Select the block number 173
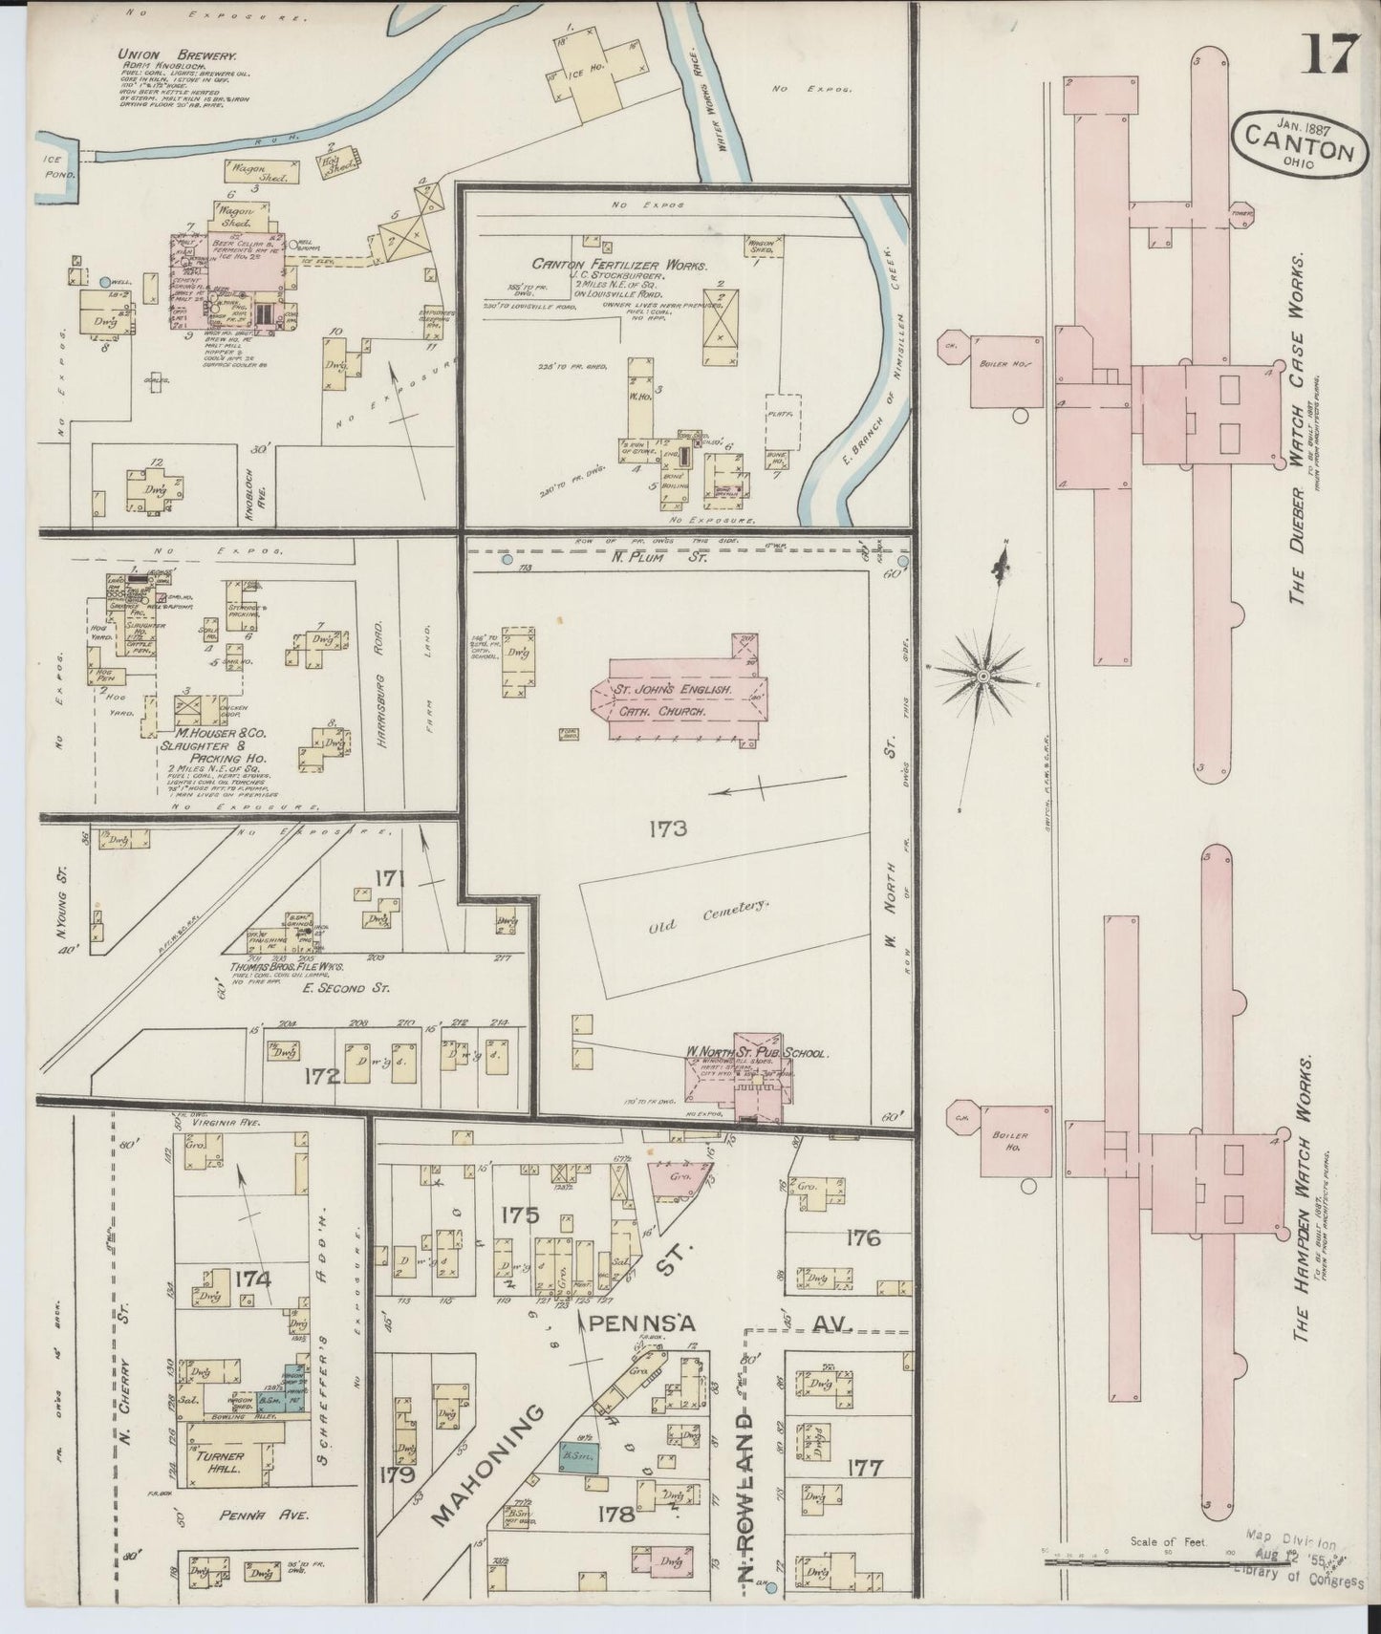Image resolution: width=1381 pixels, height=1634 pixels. point(666,828)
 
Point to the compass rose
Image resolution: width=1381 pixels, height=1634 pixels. point(982,675)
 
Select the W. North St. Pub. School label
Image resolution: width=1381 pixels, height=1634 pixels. point(755,1054)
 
